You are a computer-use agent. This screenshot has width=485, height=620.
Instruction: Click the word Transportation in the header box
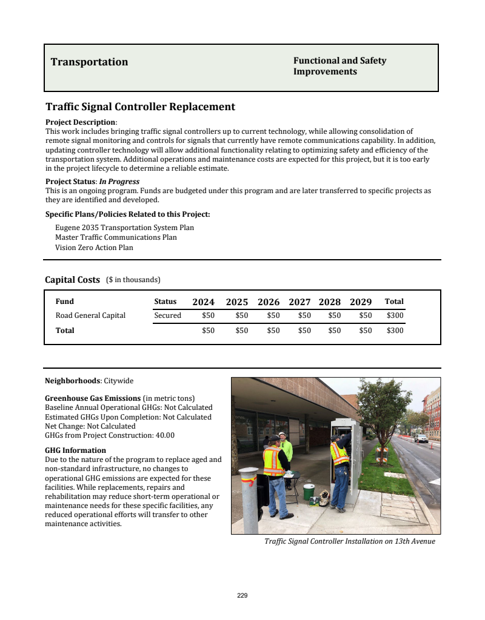click(x=89, y=62)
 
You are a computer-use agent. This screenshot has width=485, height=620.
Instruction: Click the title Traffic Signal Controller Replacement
click(x=140, y=107)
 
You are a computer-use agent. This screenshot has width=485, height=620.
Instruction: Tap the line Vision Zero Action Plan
click(x=94, y=248)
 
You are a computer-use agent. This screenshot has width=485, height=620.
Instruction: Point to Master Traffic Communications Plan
click(x=116, y=237)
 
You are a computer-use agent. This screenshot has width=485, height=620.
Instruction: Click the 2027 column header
click(x=299, y=302)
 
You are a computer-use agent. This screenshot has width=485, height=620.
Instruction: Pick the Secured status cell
click(x=167, y=315)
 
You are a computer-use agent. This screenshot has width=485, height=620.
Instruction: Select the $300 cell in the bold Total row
click(x=395, y=331)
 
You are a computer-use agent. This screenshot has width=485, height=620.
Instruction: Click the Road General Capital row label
click(x=90, y=315)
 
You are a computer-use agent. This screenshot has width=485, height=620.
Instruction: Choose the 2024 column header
click(x=203, y=302)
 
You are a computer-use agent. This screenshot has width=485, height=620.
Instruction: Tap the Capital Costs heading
click(x=72, y=280)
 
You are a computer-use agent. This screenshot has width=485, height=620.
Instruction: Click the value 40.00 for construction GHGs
click(x=166, y=435)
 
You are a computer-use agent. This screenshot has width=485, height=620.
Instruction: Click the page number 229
click(x=242, y=596)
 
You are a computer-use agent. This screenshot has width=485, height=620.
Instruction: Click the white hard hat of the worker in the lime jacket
click(x=283, y=435)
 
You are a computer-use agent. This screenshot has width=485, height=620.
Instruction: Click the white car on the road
click(x=421, y=438)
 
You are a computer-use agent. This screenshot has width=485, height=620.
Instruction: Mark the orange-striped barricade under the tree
click(x=382, y=453)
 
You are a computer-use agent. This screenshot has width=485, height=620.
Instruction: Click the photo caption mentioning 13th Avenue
click(x=350, y=541)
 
